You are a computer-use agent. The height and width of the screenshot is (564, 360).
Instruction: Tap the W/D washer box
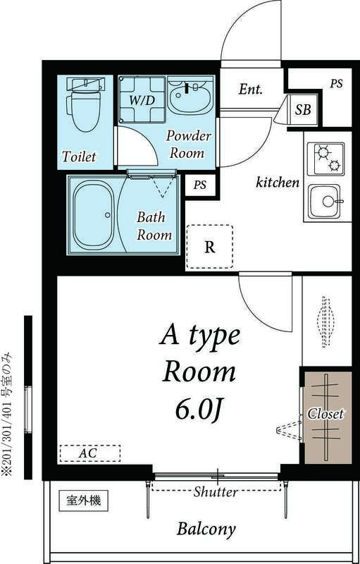[x=142, y=99]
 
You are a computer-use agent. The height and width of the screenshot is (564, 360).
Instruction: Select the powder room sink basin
[x=190, y=97]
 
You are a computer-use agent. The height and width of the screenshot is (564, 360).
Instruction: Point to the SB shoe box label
[x=303, y=110]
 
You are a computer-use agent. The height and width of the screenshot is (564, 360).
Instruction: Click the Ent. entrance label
[x=250, y=90]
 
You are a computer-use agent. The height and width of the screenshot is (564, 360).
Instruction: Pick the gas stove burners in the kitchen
[x=326, y=159]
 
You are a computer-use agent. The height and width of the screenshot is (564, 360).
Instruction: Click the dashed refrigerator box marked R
[x=209, y=247]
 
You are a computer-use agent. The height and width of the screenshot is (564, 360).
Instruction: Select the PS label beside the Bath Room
[x=201, y=185]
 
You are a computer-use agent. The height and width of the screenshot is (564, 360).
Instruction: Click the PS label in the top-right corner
[x=336, y=83]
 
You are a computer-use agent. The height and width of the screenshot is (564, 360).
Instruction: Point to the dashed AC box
[x=89, y=453]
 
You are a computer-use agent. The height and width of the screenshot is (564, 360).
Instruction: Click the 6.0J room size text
[x=199, y=409]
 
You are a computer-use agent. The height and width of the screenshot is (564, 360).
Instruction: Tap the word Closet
[x=325, y=414]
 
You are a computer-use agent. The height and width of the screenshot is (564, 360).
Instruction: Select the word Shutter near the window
[x=215, y=492]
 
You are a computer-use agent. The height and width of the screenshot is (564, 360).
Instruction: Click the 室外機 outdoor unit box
[x=84, y=502]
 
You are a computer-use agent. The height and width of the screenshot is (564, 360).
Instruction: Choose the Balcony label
[x=206, y=529]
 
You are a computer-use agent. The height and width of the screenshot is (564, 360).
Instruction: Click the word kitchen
[x=277, y=183]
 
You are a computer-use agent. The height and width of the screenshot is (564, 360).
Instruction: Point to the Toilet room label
[x=79, y=156]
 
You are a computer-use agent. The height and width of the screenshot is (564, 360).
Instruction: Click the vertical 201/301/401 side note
[x=9, y=415]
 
